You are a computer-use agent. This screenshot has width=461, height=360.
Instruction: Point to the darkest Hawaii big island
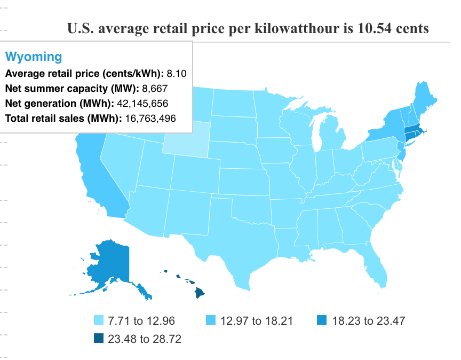(x=198, y=293)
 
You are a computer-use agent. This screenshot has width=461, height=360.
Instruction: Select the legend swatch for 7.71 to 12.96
(x=99, y=321)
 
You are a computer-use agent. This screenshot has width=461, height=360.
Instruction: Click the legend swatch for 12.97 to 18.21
(x=211, y=321)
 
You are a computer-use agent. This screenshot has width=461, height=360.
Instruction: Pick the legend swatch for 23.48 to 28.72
(x=99, y=338)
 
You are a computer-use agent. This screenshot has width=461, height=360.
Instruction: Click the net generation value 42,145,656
(x=149, y=104)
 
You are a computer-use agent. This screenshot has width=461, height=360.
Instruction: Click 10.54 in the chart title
(x=369, y=28)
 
